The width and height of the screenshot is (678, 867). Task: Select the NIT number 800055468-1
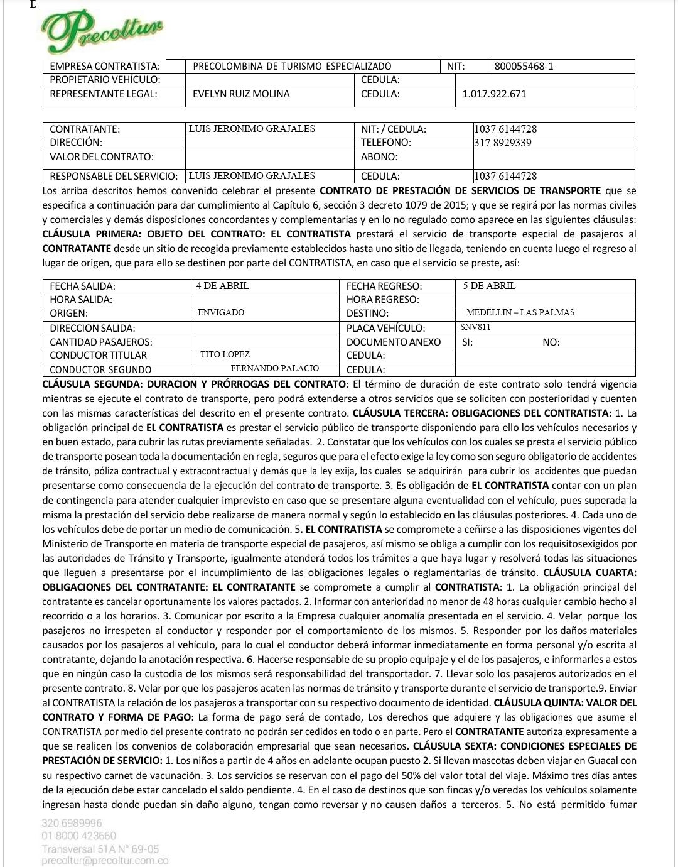click(524, 66)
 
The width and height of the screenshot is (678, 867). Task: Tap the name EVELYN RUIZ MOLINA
click(241, 94)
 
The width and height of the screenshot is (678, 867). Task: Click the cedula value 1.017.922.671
click(494, 94)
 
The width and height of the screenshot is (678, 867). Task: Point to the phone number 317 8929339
click(503, 143)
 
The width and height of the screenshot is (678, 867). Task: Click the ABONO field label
click(379, 156)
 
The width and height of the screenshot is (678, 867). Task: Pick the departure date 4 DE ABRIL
click(222, 286)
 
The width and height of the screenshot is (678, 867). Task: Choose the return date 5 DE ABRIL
click(490, 286)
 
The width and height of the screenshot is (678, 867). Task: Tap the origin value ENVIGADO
click(221, 312)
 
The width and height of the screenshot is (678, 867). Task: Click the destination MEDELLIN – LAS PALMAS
click(520, 312)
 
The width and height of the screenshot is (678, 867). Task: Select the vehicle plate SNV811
click(475, 327)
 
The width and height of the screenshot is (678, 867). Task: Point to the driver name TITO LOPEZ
click(225, 355)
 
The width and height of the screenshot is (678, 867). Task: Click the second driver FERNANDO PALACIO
click(274, 369)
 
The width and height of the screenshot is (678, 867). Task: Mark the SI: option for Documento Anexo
click(468, 342)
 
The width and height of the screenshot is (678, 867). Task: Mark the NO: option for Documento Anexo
click(551, 342)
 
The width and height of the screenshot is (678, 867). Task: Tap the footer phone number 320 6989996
click(72, 823)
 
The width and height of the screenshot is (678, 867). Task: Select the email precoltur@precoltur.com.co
click(105, 861)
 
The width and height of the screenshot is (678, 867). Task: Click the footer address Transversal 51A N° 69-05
click(100, 849)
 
